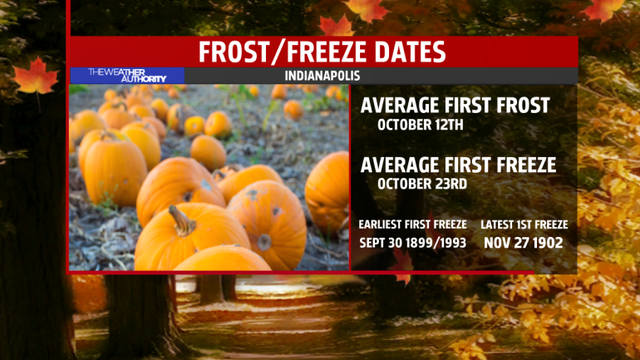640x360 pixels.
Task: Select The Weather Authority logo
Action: tap(127, 76)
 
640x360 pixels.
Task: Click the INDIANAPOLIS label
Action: tap(322, 76)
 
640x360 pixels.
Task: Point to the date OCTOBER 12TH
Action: tap(421, 125)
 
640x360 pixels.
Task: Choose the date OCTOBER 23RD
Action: tap(422, 184)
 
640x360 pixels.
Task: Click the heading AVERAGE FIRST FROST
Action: tap(455, 106)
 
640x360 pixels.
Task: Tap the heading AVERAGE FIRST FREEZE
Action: tap(458, 165)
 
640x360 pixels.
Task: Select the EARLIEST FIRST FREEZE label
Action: tap(412, 224)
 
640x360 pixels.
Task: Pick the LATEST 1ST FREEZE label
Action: tap(524, 224)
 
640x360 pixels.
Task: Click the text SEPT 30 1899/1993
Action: tap(412, 244)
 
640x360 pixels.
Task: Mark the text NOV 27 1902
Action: tap(524, 244)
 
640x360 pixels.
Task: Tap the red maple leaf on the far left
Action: tap(36, 76)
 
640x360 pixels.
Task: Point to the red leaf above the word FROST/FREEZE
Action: tap(336, 25)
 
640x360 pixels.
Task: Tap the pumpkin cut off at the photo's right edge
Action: tap(327, 192)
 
